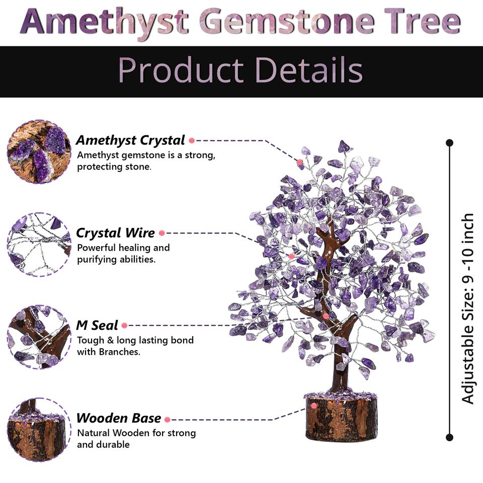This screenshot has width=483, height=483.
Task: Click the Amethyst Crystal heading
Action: [130, 140]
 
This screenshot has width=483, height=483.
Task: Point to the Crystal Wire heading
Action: [115, 233]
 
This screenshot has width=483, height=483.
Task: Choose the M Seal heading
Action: [97, 326]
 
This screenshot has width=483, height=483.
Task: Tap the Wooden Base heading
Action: [119, 419]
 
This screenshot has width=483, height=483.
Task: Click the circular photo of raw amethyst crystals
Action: [39, 151]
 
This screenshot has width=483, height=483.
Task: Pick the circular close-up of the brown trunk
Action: [39, 337]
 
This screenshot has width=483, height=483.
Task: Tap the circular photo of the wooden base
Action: [39, 429]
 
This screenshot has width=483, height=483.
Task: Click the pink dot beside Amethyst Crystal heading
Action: [192, 141]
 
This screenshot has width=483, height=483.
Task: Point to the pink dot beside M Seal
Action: [124, 326]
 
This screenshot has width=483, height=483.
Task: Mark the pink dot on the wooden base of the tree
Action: [313, 406]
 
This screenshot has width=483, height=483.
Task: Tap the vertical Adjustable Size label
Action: [468, 308]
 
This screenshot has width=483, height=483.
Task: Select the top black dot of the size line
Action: [449, 143]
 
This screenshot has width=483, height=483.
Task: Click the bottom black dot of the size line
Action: [449, 437]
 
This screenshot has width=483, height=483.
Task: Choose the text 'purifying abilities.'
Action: [116, 260]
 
